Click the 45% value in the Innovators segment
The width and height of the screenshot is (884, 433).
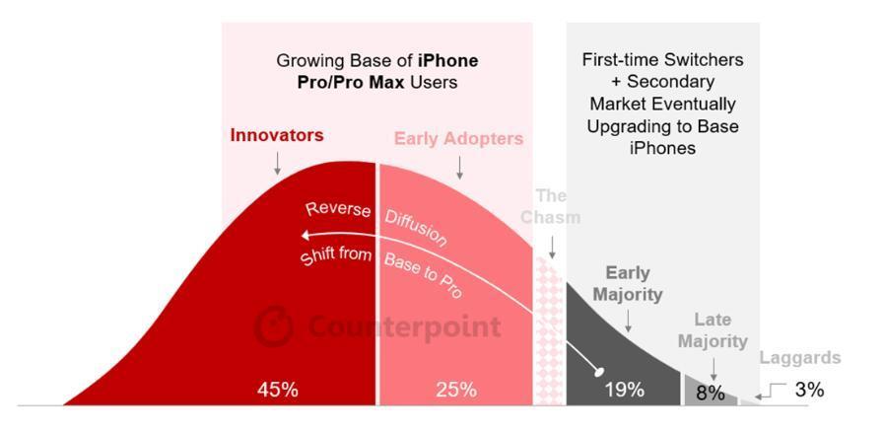pos(277,390)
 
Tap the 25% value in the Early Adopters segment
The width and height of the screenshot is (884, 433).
pos(456,390)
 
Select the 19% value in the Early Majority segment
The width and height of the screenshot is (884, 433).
pos(624,390)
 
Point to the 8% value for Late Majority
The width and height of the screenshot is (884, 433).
pos(710,393)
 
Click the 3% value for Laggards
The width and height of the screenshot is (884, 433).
pos(808,390)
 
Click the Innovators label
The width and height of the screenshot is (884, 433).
pos(277,135)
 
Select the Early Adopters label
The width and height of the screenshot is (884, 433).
pos(458,139)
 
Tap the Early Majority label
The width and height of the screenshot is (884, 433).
pos(628,283)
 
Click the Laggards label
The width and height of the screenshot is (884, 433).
pos(800,358)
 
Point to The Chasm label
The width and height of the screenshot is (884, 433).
pos(551,206)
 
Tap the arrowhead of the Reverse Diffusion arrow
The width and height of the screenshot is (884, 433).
pos(306,235)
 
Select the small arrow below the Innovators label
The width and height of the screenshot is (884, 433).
pos(278,163)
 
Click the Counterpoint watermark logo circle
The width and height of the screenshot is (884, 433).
pos(274,326)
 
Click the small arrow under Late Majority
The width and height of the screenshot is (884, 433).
pos(714,369)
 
